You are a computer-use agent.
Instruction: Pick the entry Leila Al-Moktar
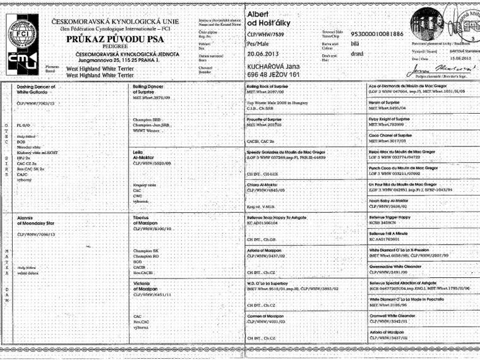(145, 155)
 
